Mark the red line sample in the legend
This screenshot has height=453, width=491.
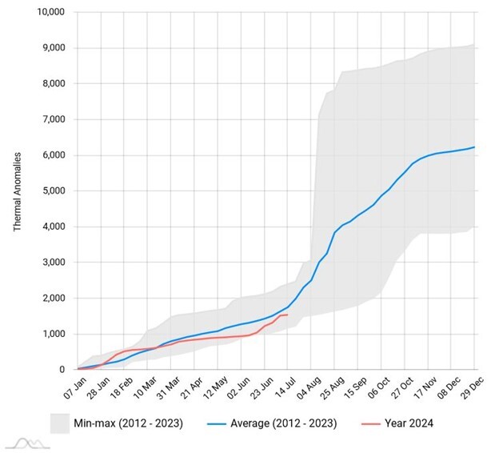click(356, 423)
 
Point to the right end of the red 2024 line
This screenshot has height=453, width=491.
click(287, 315)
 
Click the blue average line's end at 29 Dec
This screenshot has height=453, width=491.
click(475, 147)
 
